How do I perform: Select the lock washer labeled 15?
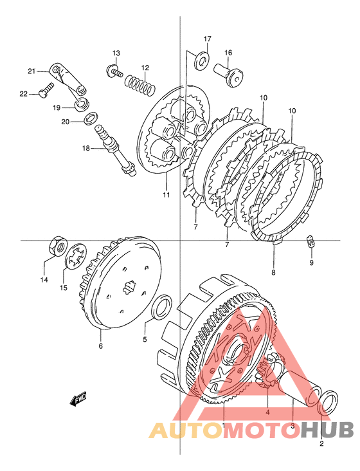(76, 255)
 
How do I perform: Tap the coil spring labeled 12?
(140, 84)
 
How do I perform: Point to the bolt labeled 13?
(114, 71)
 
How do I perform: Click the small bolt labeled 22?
(46, 90)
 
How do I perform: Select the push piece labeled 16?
(228, 75)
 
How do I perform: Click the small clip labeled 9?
(310, 242)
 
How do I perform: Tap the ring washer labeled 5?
(162, 308)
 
